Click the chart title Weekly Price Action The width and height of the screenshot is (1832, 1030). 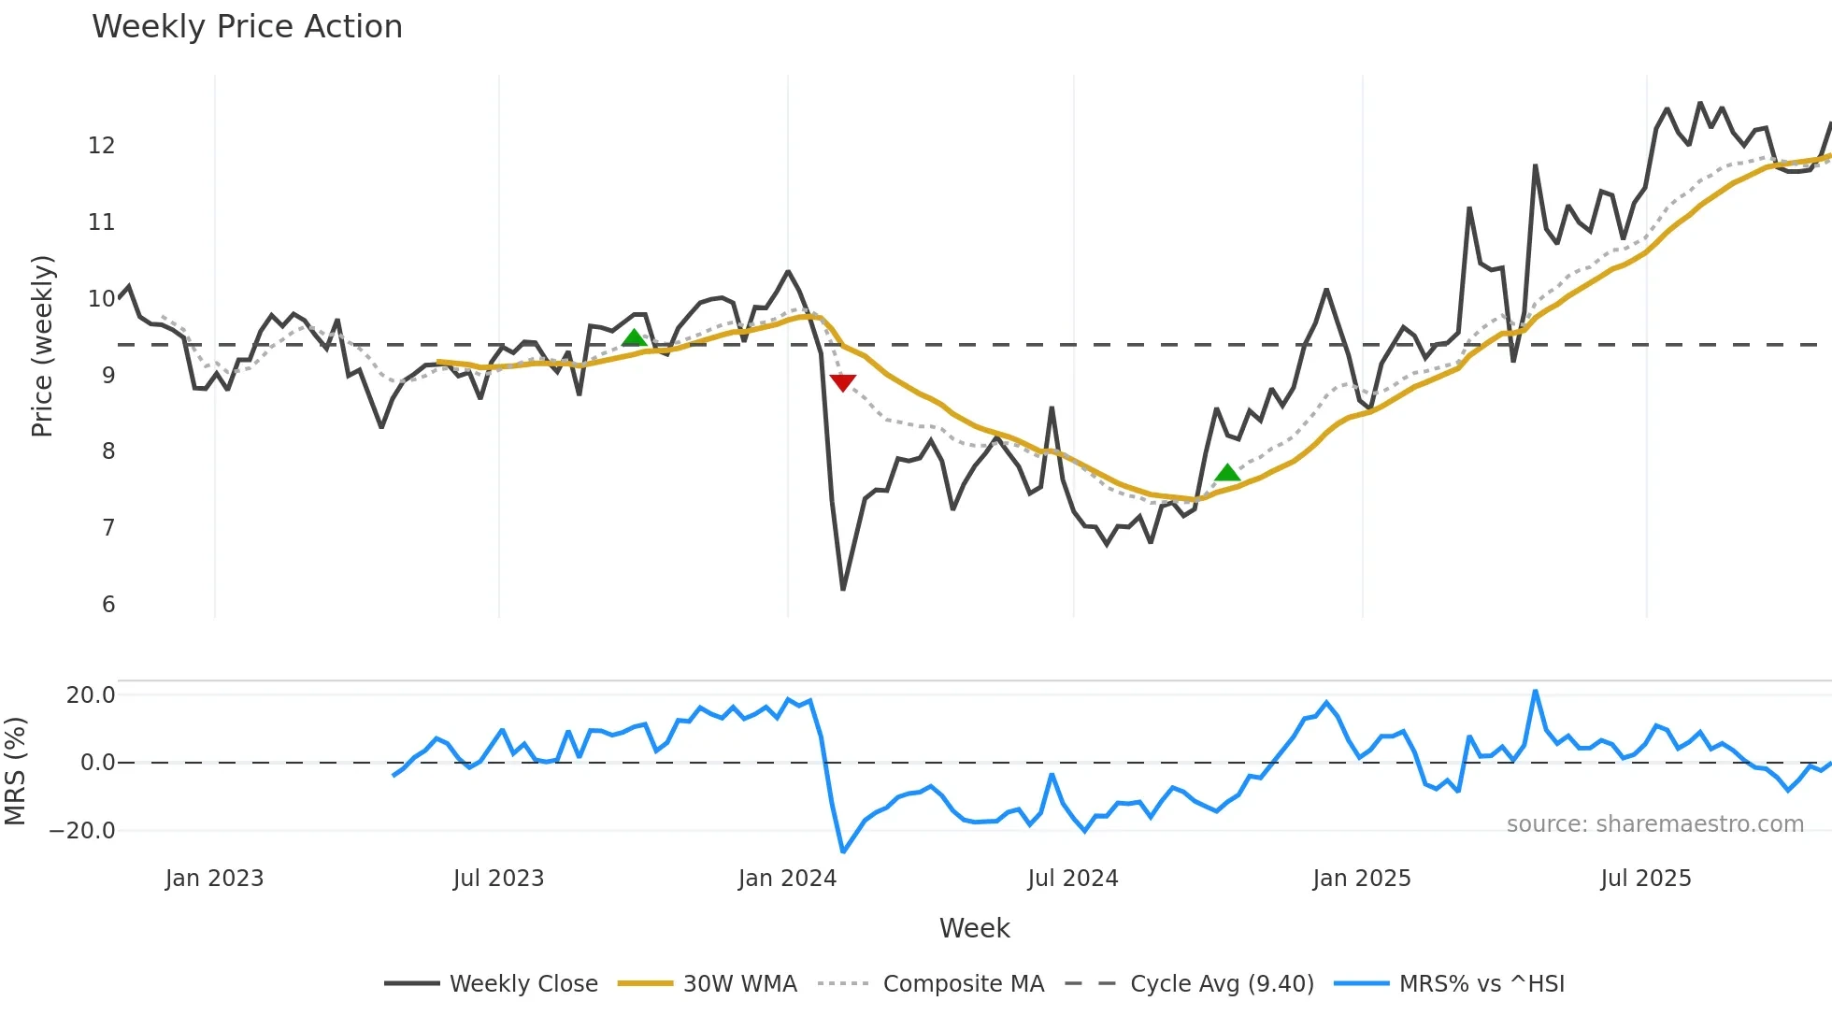coord(247,27)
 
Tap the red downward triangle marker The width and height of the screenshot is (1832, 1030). coord(842,382)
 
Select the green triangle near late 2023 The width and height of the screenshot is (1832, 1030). coord(634,338)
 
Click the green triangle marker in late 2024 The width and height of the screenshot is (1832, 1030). coord(1227,473)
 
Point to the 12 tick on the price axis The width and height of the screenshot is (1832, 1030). coord(101,146)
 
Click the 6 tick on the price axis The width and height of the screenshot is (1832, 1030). coord(108,605)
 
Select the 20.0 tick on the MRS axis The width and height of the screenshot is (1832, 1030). coord(91,695)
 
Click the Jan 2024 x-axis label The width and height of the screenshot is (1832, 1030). coord(787,879)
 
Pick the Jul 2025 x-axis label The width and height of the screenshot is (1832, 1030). coord(1645,879)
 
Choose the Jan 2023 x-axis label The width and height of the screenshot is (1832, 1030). coord(214,879)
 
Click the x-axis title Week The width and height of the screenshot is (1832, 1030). coord(974,928)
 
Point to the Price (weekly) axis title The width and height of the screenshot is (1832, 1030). coord(42,346)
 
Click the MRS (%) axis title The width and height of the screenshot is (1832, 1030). coord(15,771)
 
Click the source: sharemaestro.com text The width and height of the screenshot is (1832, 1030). coord(1654,824)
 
